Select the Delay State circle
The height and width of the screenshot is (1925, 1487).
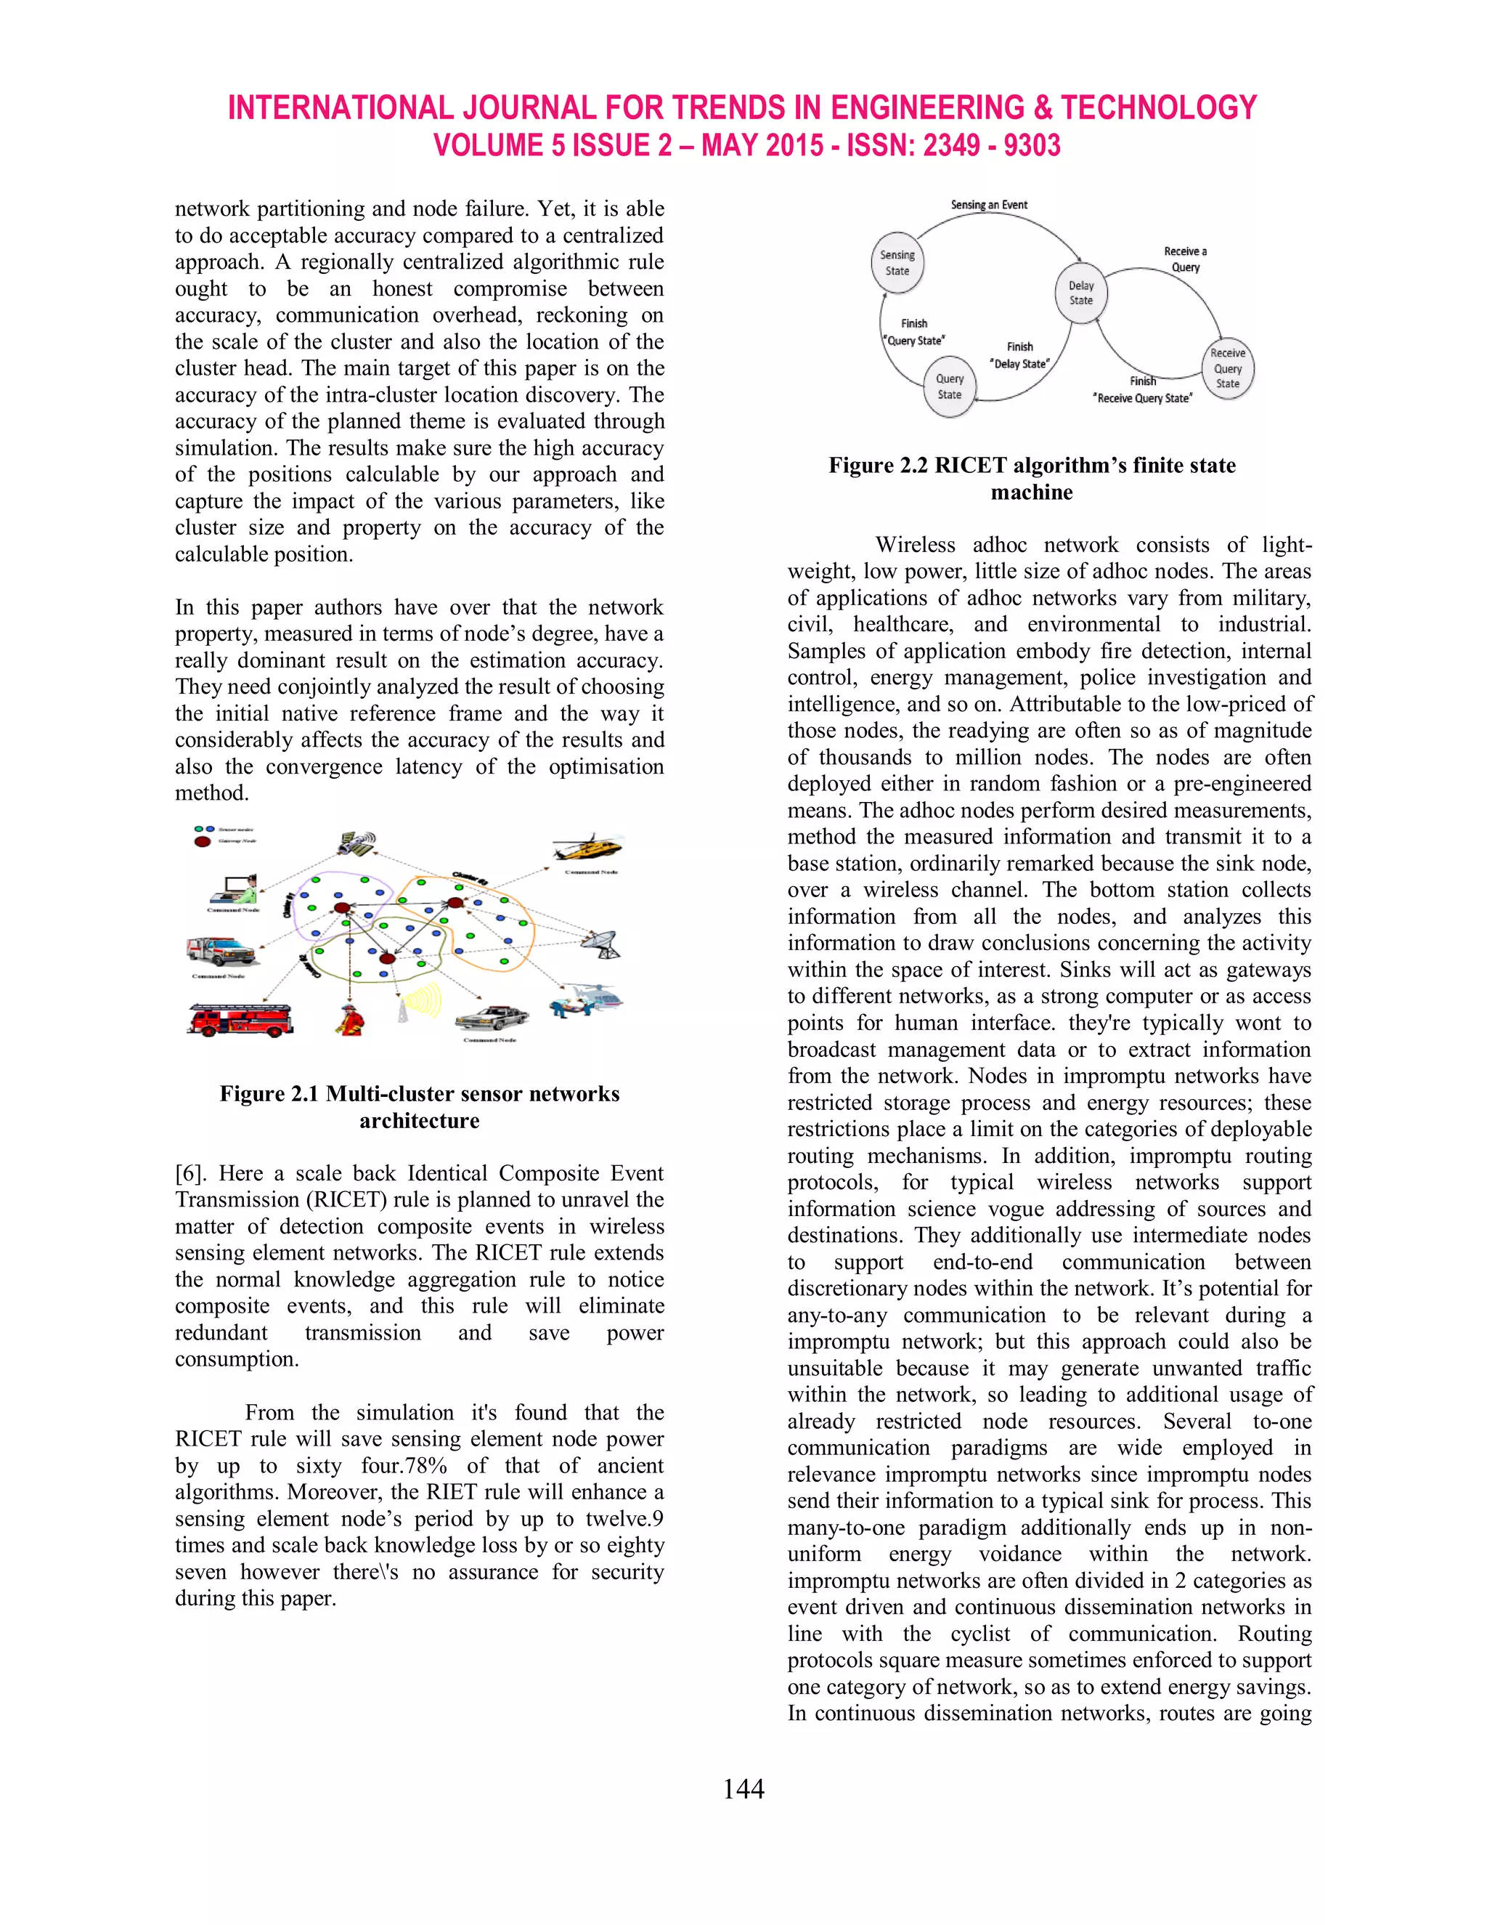[x=1081, y=293]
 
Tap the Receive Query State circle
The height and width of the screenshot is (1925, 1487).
[x=1227, y=368]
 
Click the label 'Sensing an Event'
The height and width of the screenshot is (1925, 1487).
[x=988, y=205]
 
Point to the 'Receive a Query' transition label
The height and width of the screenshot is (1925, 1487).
[x=1185, y=259]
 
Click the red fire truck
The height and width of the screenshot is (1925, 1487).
[x=240, y=1020]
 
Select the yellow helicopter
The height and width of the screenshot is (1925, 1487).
[x=585, y=848]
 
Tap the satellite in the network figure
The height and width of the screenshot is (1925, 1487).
[x=357, y=842]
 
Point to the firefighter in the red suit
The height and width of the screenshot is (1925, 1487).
[x=350, y=1018]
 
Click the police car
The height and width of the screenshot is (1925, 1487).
[x=492, y=1018]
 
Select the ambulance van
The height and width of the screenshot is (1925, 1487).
[x=219, y=952]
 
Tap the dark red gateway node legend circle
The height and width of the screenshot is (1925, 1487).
[x=203, y=841]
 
